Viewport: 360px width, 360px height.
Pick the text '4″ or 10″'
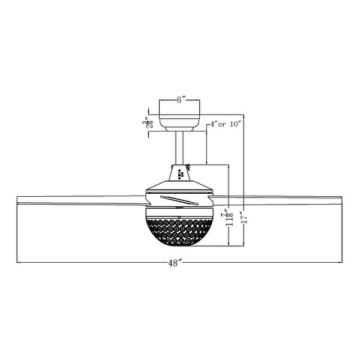(224, 124)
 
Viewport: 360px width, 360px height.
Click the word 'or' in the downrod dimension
(221, 124)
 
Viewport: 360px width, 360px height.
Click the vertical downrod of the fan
(179, 147)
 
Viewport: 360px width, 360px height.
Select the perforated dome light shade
(179, 231)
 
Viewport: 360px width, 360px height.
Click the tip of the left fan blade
(19, 199)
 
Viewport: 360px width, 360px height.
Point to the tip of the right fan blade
(341, 199)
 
